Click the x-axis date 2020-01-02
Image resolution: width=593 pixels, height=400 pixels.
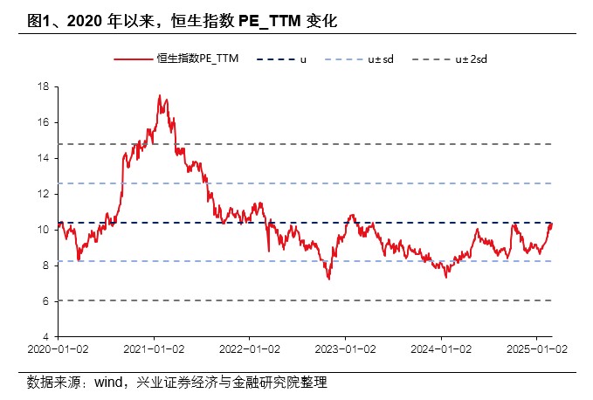58,348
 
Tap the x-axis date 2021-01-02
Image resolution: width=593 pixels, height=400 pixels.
154,348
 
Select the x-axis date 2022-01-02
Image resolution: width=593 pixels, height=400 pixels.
249,348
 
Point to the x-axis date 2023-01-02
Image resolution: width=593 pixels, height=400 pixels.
345,348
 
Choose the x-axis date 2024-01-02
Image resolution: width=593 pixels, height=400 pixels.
441,348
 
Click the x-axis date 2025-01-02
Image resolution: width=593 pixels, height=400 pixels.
536,348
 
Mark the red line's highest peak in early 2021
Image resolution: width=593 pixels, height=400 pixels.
159,95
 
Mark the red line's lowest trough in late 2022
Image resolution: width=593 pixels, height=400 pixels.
329,279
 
